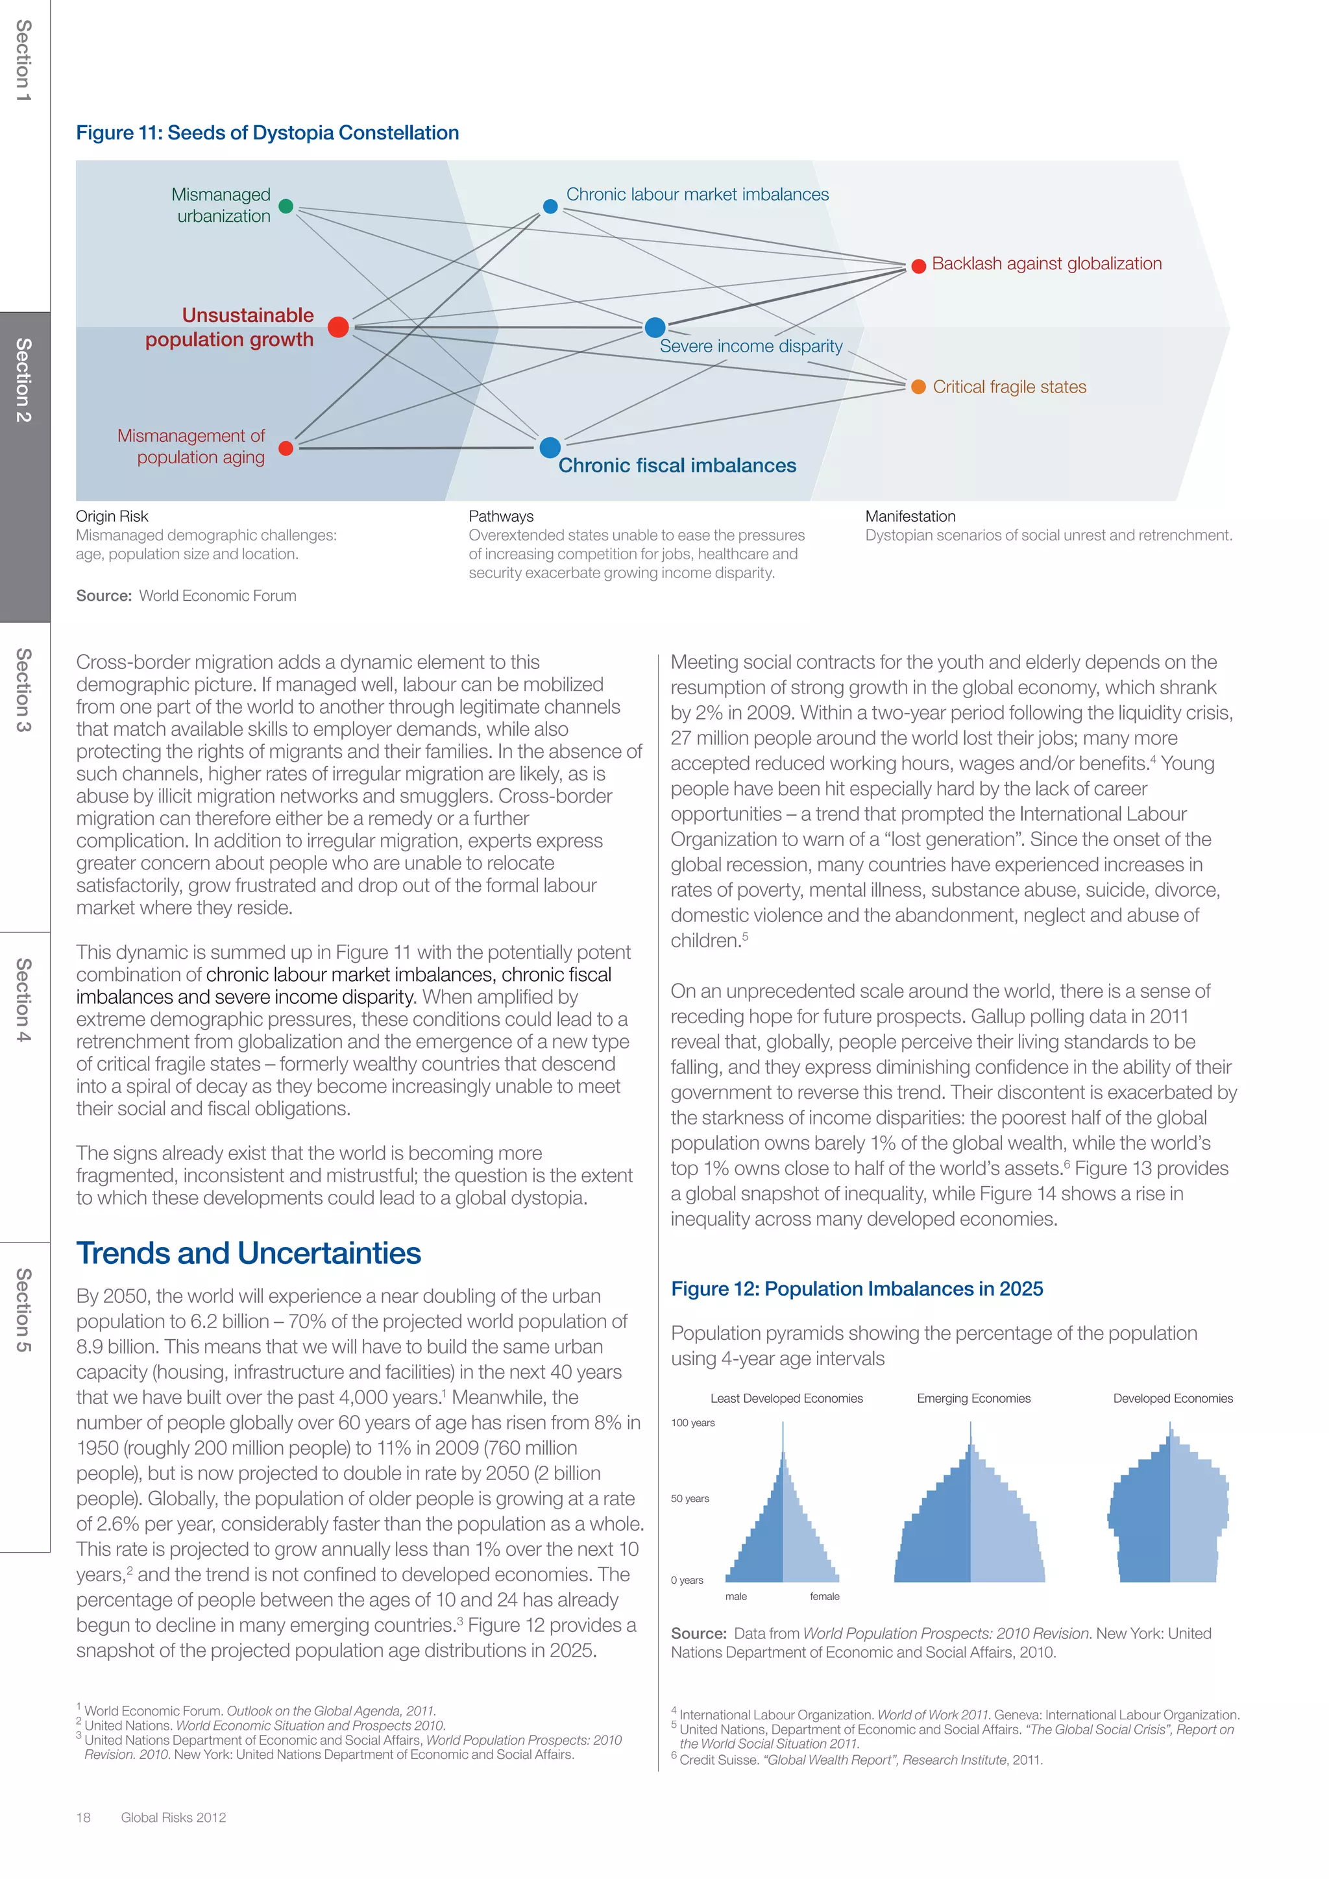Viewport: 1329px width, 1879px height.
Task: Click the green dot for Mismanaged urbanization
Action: [286, 206]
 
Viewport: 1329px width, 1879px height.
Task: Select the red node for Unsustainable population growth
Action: [338, 328]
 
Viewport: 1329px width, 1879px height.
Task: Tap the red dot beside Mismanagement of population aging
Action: [286, 448]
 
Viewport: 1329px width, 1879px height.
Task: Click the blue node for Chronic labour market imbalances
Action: [551, 206]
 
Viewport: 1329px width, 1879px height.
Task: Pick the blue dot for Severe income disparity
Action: [655, 328]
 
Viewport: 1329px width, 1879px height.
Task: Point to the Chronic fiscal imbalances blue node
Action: [550, 448]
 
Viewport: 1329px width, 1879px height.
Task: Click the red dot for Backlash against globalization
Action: [918, 266]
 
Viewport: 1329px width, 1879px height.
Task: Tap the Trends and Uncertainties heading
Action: [248, 1253]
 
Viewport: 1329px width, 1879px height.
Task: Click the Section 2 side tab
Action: [25, 381]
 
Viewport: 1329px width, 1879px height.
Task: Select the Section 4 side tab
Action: [25, 1000]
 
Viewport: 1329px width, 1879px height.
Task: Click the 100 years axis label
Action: [692, 1422]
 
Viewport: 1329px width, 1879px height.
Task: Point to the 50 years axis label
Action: [690, 1498]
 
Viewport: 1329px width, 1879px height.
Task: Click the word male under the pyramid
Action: [736, 1597]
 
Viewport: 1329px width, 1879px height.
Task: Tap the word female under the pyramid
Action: [824, 1597]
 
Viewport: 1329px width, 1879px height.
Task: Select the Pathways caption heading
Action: [501, 516]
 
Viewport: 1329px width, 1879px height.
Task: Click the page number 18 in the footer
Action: [84, 1817]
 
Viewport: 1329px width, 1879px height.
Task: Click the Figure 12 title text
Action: [857, 1289]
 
